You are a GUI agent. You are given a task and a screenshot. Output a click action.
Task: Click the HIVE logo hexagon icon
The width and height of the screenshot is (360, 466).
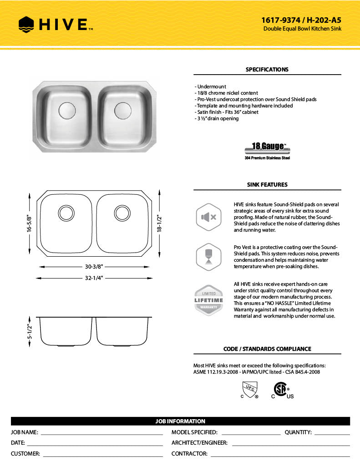coord(27,24)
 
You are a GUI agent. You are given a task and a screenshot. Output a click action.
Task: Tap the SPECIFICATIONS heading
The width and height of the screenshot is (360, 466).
coord(267,70)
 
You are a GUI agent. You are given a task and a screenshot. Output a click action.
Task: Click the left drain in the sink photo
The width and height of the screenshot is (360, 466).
coord(67,110)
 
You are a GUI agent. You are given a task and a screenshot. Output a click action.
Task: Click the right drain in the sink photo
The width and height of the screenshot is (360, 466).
coord(122,110)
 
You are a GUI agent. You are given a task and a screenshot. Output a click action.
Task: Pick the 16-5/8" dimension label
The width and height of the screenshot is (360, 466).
coord(30,223)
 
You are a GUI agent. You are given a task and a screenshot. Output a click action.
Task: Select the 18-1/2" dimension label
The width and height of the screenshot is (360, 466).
coord(159,223)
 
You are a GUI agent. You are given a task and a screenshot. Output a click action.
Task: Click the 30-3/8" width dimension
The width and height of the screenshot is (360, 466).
coord(94,267)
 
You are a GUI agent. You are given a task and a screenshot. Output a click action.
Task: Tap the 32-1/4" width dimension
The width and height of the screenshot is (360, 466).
coord(94,278)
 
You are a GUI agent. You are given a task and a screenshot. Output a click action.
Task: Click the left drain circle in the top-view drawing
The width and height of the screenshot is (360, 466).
coord(66,213)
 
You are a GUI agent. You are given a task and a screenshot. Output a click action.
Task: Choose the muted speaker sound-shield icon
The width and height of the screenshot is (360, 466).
coord(208,217)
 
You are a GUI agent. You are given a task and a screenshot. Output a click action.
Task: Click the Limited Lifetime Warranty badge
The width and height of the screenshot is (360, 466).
coord(209,300)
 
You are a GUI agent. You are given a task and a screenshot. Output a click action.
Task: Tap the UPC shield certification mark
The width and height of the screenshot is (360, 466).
coord(249,390)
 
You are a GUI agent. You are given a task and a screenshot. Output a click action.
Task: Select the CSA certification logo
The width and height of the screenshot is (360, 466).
coord(280,390)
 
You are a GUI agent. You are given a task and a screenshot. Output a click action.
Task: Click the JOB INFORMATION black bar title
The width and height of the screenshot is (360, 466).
coord(180,421)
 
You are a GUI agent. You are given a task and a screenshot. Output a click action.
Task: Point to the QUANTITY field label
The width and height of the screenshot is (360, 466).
coord(298,432)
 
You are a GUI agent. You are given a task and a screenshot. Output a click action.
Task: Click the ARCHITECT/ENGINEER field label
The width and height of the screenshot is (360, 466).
coord(199,443)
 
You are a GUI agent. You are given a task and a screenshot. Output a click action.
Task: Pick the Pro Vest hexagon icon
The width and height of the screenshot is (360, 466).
coord(208,257)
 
